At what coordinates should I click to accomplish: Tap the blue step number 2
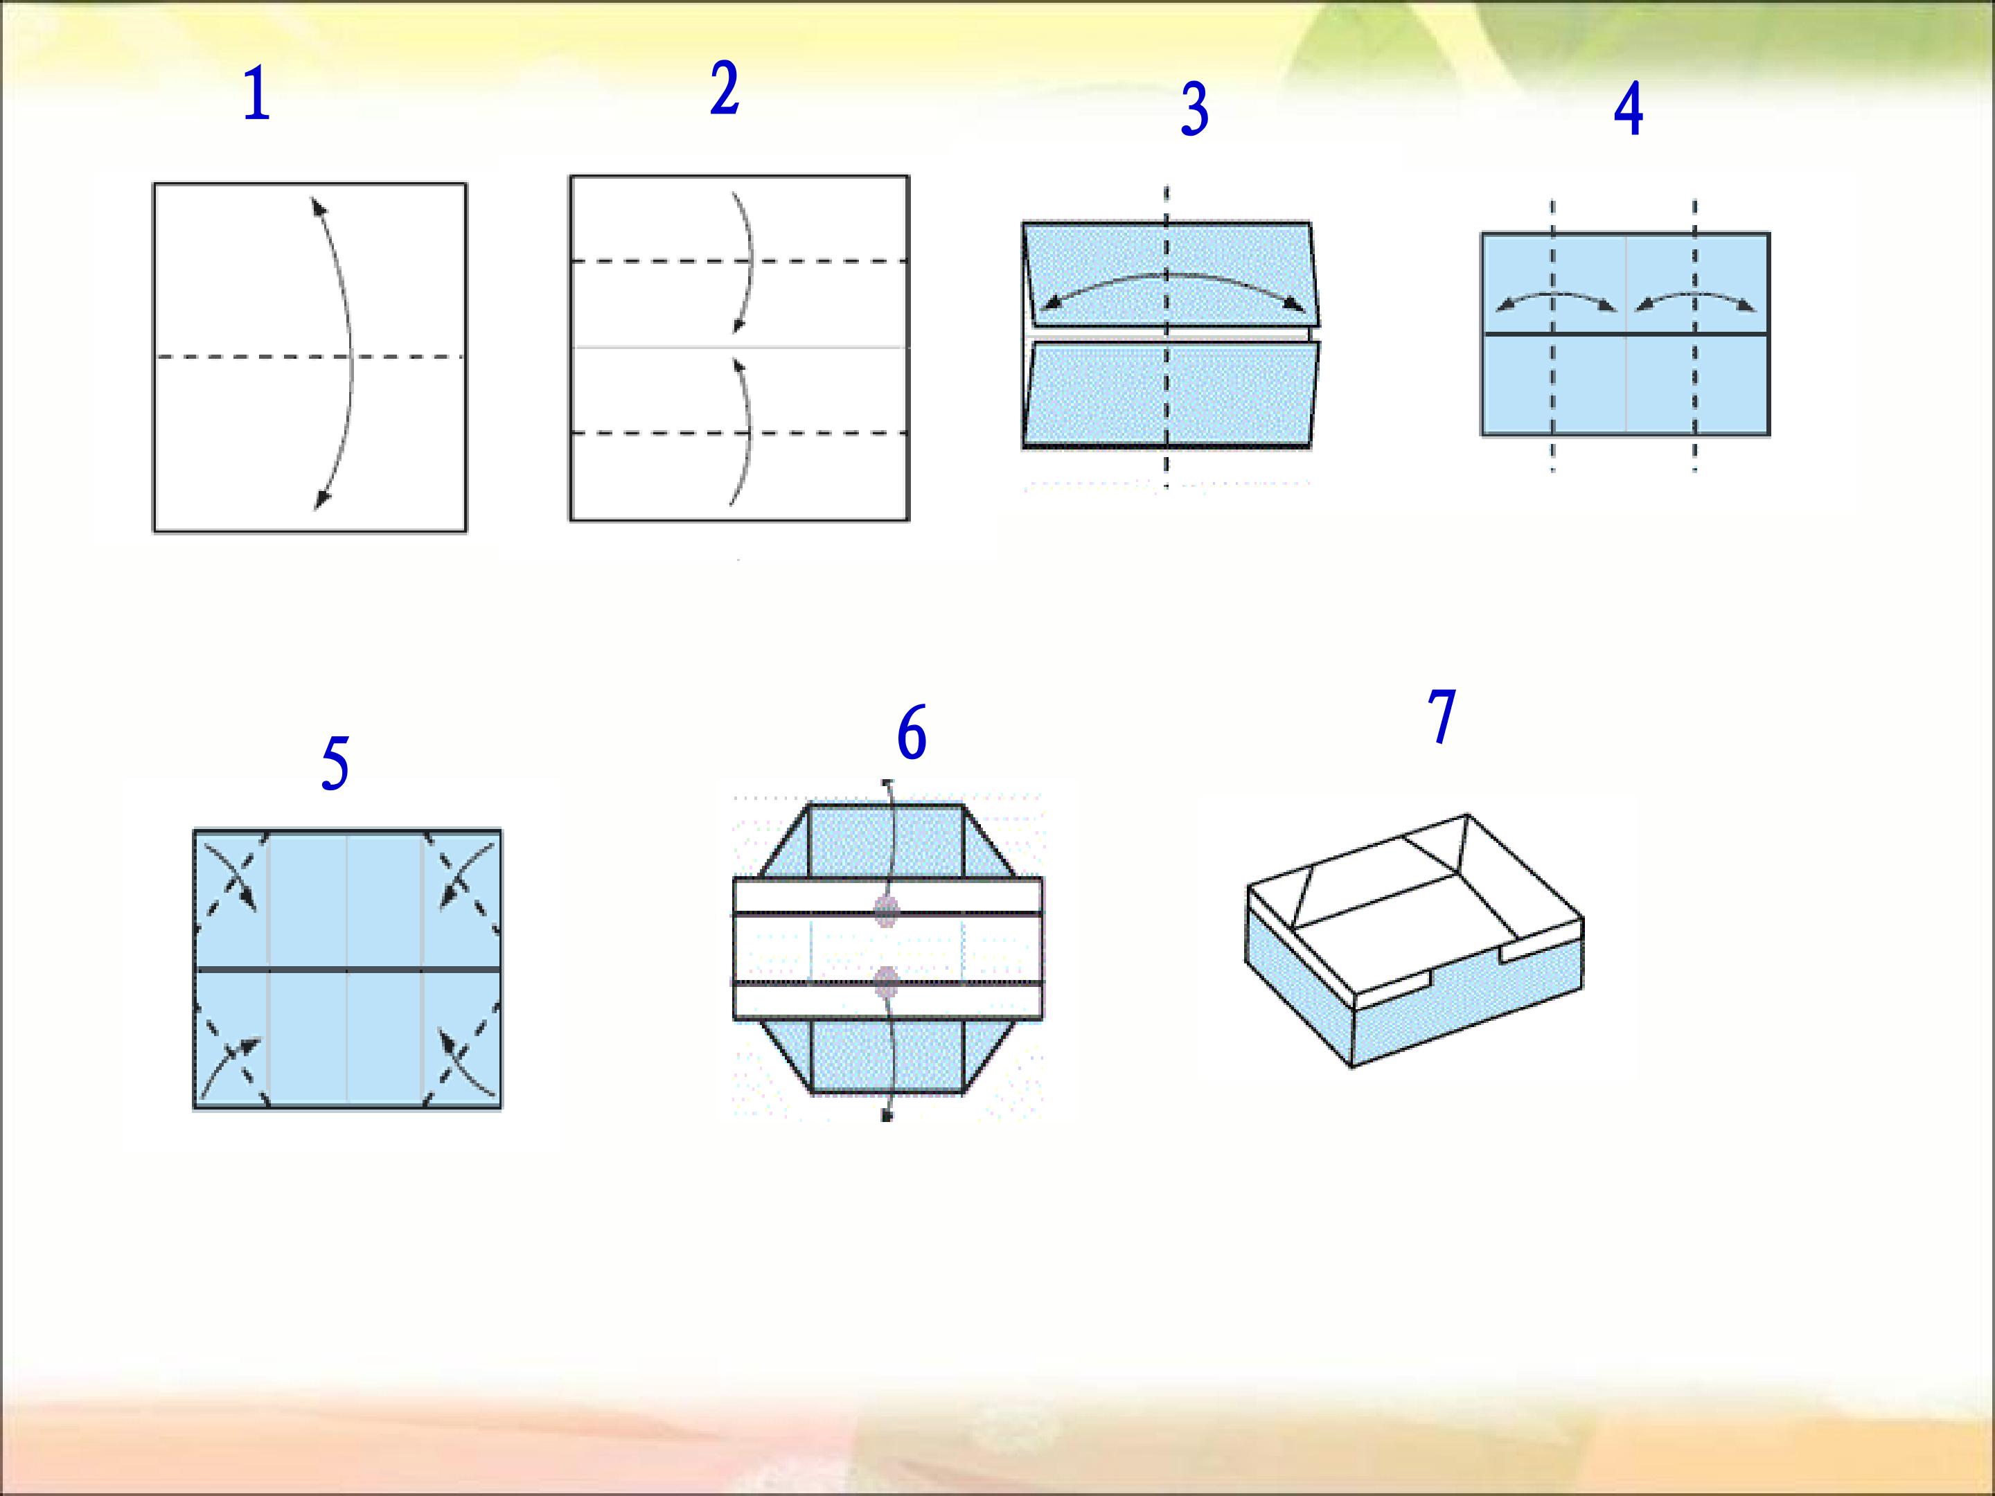pyautogui.click(x=724, y=89)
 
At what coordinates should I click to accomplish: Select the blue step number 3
pyautogui.click(x=1194, y=110)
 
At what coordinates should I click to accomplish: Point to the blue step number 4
pyautogui.click(x=1628, y=110)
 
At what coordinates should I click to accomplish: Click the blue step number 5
pyautogui.click(x=335, y=764)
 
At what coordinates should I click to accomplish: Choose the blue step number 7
pyautogui.click(x=1442, y=717)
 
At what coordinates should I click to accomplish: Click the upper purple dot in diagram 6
pyautogui.click(x=887, y=911)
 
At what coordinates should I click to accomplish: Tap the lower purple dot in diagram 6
pyautogui.click(x=887, y=981)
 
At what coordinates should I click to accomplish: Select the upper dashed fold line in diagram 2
pyautogui.click(x=738, y=262)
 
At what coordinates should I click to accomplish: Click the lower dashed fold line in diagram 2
pyautogui.click(x=738, y=434)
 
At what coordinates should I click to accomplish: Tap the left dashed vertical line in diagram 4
pyautogui.click(x=1552, y=335)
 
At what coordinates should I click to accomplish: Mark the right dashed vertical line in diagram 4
pyautogui.click(x=1694, y=335)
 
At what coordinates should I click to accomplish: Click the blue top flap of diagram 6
pyautogui.click(x=887, y=839)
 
